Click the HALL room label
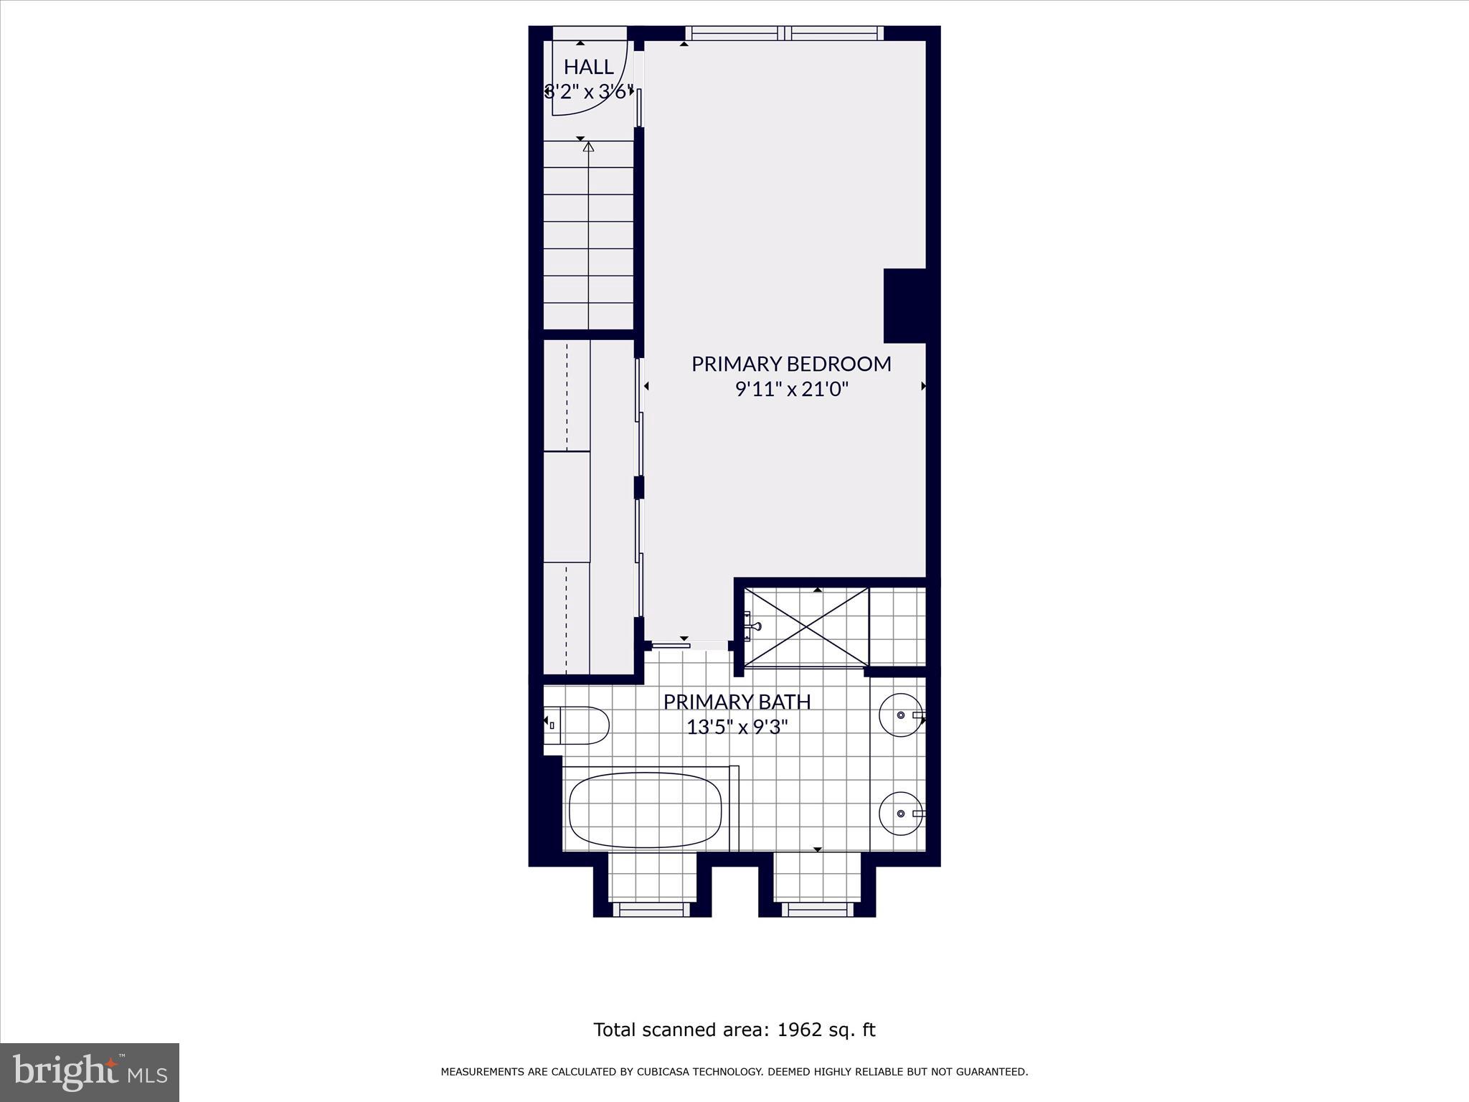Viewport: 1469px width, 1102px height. [x=588, y=67]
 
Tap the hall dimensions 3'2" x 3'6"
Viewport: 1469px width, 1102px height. [x=588, y=92]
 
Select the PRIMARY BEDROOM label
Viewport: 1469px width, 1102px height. [x=791, y=364]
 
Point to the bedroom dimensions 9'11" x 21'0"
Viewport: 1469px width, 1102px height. [x=791, y=389]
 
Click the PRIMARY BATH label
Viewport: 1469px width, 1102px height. [x=737, y=702]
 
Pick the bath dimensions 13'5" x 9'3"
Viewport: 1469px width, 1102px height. [x=737, y=727]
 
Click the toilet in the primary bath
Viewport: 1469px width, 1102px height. [x=577, y=725]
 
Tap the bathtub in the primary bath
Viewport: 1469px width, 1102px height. [x=645, y=810]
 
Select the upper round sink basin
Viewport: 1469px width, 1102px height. [x=901, y=715]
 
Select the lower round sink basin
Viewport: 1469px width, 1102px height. [x=901, y=814]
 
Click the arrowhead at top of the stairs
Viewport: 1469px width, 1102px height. [x=589, y=147]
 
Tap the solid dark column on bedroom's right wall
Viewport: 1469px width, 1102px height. [x=905, y=306]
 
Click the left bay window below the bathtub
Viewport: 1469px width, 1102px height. [x=653, y=909]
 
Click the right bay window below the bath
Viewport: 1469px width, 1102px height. [x=817, y=909]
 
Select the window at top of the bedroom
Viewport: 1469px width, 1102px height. [x=784, y=33]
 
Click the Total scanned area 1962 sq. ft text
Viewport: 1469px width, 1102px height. [x=734, y=1030]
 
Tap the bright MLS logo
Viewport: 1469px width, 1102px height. [x=90, y=1072]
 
